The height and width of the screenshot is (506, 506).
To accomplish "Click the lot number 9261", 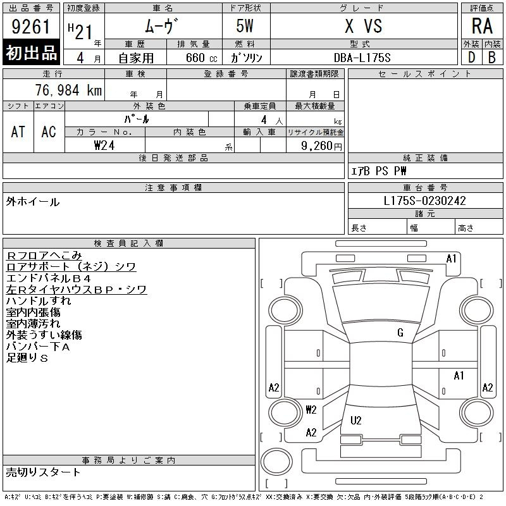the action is (31, 27).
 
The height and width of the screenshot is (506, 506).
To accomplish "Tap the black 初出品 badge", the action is (31, 52).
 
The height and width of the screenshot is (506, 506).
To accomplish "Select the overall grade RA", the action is (482, 26).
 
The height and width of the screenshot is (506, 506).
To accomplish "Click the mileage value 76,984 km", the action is (68, 90).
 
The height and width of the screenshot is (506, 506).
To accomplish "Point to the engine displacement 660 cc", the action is (201, 58).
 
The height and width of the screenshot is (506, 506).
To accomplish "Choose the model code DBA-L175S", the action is (362, 58).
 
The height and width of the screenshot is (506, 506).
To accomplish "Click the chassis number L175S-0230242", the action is (424, 201).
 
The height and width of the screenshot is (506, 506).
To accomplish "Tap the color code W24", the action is (104, 145).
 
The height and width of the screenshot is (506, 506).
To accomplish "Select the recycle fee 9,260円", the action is (321, 146).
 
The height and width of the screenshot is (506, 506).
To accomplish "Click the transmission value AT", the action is (18, 132).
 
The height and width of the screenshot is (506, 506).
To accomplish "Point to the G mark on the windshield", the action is (400, 333).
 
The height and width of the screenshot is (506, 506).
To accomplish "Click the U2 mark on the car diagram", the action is (355, 420).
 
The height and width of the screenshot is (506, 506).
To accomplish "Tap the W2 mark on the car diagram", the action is (311, 409).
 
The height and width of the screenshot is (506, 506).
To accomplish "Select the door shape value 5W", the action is (245, 26).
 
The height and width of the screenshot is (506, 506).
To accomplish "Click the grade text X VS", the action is (363, 26).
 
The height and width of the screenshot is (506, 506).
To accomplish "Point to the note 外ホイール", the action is (33, 202).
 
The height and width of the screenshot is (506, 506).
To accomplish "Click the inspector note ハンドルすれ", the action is (39, 301).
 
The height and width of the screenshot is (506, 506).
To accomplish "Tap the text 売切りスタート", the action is (43, 472).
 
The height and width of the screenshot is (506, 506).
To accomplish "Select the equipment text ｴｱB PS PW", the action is (378, 171).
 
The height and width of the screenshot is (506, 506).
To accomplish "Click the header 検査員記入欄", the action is (128, 243).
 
